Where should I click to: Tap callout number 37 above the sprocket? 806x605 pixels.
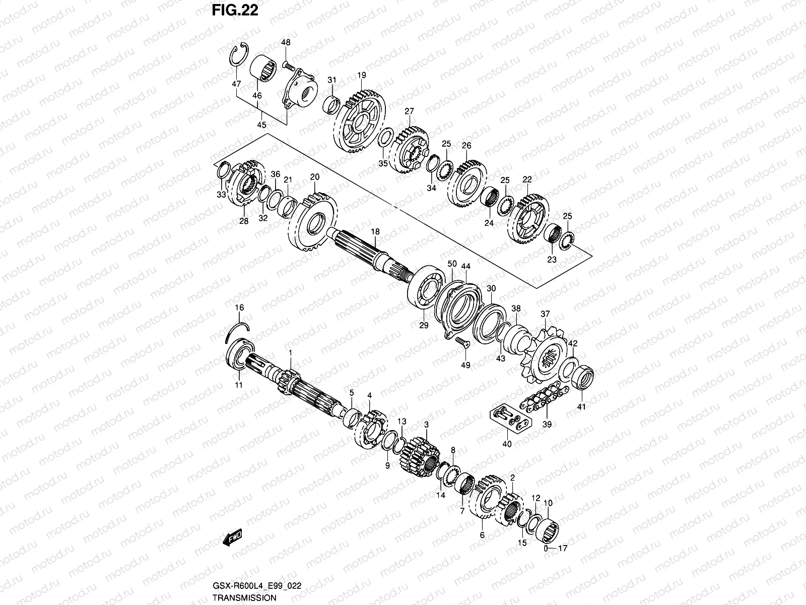click(545, 314)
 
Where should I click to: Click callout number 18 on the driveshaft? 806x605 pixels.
click(375, 231)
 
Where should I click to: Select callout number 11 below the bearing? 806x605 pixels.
click(239, 385)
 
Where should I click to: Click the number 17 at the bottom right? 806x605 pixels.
click(563, 549)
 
